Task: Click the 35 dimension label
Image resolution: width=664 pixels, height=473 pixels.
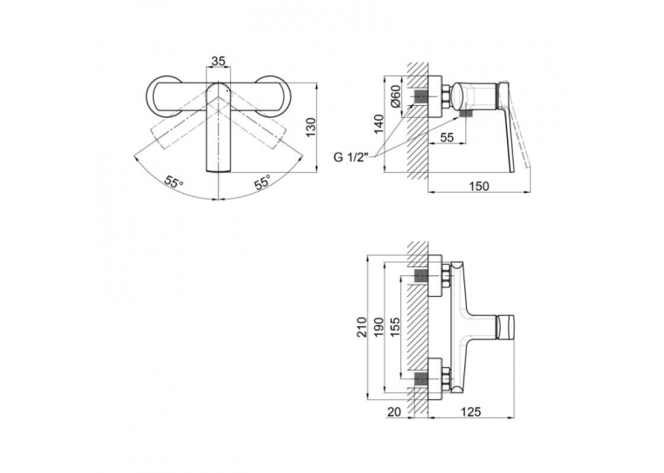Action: tap(218, 62)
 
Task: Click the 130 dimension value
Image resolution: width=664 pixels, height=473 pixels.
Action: tap(312, 127)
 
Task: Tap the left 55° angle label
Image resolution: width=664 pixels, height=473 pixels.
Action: tap(174, 183)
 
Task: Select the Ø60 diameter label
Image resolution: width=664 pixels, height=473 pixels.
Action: tap(395, 96)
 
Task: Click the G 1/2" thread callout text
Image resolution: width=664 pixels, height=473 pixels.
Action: tap(352, 158)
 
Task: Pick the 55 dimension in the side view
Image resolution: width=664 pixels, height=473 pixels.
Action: tap(447, 137)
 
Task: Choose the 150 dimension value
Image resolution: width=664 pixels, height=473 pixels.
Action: tap(479, 186)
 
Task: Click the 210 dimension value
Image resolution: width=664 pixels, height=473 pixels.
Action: tap(362, 326)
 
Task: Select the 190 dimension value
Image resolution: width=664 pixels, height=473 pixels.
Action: tap(378, 326)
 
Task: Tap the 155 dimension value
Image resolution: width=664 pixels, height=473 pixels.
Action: tap(395, 326)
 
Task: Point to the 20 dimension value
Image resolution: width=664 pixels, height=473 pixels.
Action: tap(394, 411)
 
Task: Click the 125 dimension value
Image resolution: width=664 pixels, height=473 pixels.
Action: tap(470, 411)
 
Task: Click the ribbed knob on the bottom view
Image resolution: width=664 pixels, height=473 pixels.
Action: tap(505, 327)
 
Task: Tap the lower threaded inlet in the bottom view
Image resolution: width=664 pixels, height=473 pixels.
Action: tap(420, 378)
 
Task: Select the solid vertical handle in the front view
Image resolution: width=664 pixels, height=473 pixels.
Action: tap(218, 127)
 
